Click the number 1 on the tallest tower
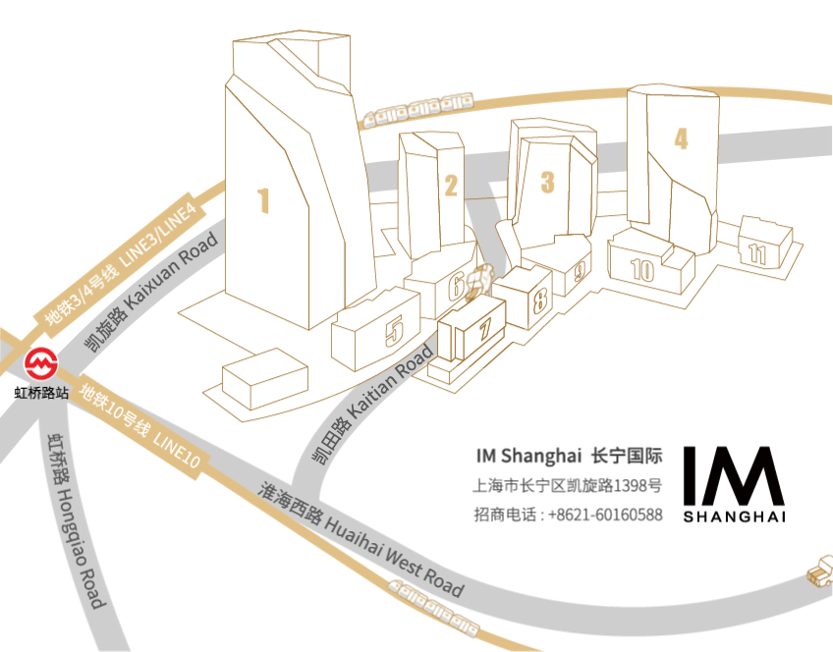[x=263, y=201]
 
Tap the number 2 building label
[x=451, y=185]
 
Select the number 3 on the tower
[x=548, y=181]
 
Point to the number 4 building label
[x=681, y=138]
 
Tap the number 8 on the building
[x=539, y=300]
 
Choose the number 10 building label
[x=642, y=270]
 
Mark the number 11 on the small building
[x=756, y=253]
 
